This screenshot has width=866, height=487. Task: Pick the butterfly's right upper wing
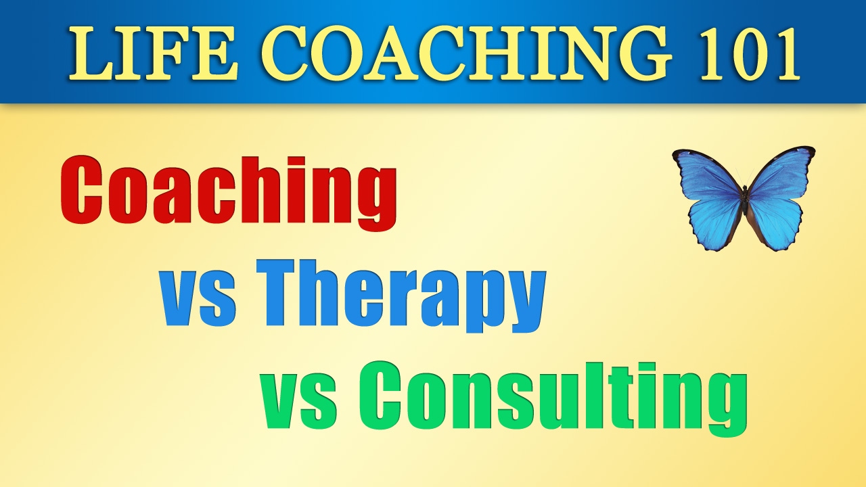click(x=781, y=172)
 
